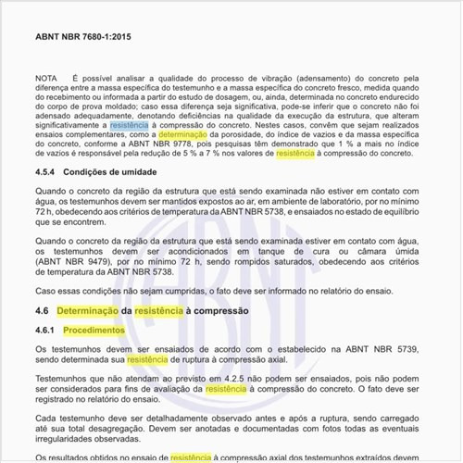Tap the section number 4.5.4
(48, 171)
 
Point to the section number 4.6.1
(46, 330)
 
